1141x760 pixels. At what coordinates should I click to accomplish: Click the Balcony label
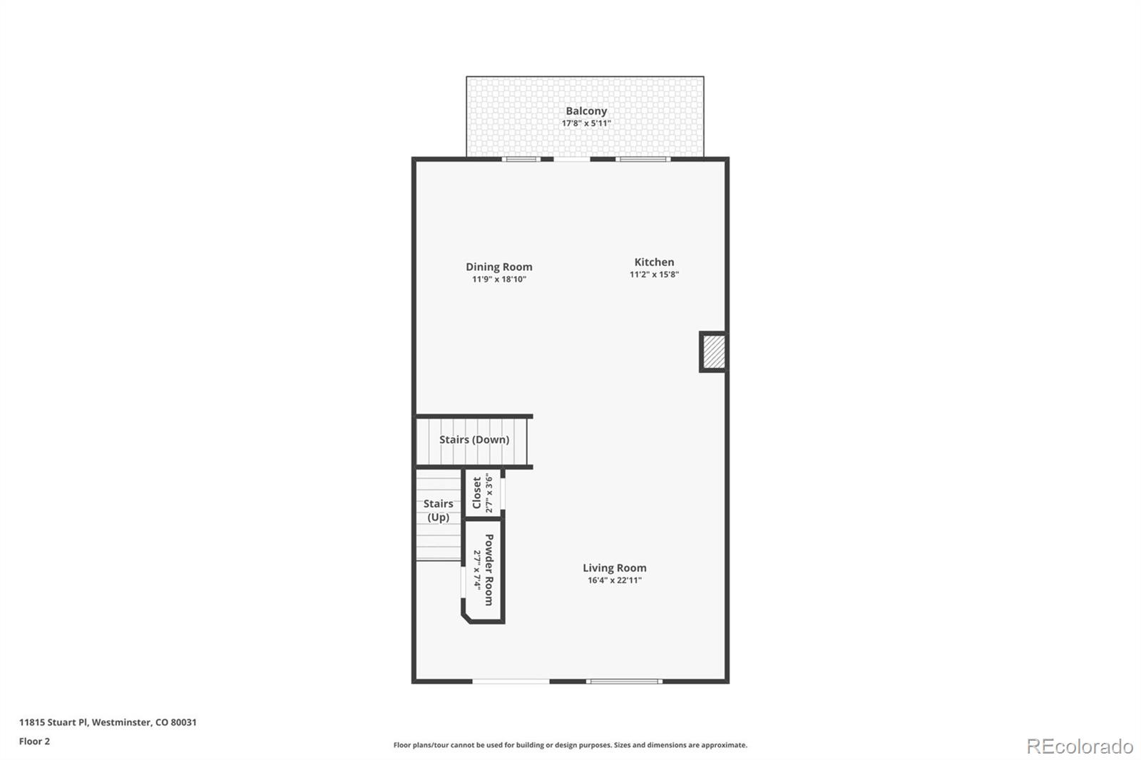click(x=586, y=111)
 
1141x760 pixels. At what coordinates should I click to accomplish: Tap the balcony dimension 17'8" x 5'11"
click(x=586, y=123)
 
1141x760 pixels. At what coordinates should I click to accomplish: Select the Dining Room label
click(x=499, y=267)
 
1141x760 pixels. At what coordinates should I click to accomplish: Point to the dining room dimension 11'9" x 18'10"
click(x=499, y=279)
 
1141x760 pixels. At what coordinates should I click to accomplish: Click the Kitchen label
click(x=654, y=262)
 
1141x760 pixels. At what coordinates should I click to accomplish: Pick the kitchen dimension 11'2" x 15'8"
click(x=654, y=274)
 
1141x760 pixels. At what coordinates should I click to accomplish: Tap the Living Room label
click(x=615, y=568)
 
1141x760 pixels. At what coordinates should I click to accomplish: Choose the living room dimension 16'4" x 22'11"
click(x=615, y=580)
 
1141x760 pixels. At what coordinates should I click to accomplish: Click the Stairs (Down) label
click(x=474, y=439)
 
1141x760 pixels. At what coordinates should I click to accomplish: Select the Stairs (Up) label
click(x=439, y=510)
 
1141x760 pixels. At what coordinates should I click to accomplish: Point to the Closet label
click(x=477, y=493)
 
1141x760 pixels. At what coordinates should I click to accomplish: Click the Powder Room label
click(x=489, y=570)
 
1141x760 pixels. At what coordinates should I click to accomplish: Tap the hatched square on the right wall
click(x=713, y=352)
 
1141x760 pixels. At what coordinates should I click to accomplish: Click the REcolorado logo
click(x=1080, y=746)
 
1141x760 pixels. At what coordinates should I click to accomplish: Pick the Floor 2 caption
click(x=34, y=741)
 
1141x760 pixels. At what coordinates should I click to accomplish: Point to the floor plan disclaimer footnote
click(x=570, y=745)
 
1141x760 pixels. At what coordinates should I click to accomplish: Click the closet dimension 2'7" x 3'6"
click(x=489, y=493)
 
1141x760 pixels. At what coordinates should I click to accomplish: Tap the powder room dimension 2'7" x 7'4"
click(x=477, y=570)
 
